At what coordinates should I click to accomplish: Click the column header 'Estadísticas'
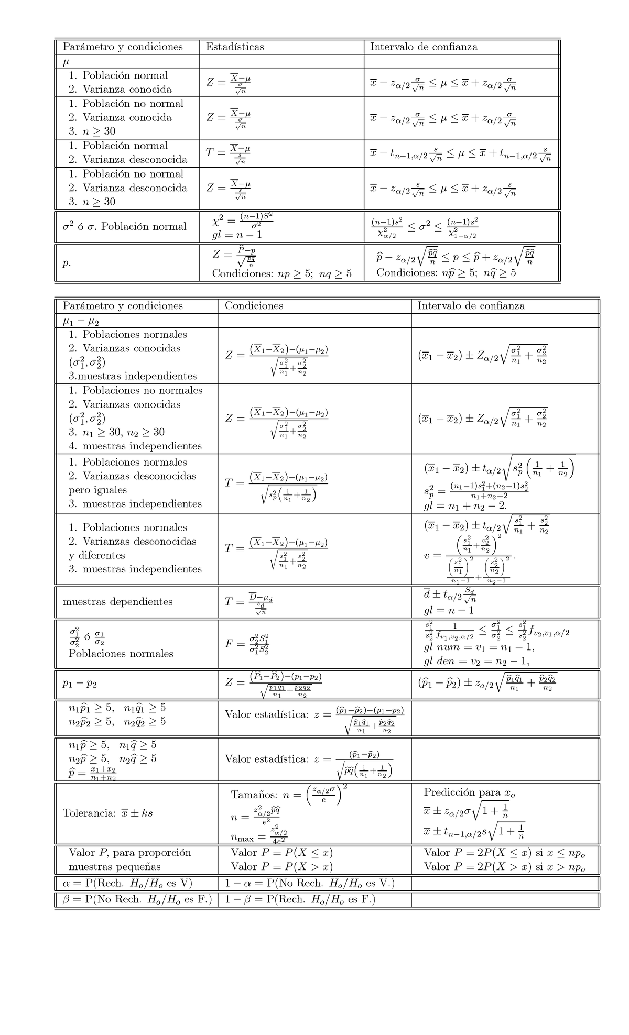click(x=235, y=47)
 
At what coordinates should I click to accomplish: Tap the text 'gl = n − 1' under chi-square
click(x=237, y=235)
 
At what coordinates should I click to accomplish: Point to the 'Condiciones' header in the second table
click(x=254, y=306)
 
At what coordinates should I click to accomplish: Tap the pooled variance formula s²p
click(x=476, y=491)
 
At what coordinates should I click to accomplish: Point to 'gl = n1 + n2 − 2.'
click(x=465, y=506)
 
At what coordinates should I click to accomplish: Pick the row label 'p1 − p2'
click(x=80, y=684)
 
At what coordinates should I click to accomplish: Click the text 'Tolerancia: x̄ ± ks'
click(x=108, y=813)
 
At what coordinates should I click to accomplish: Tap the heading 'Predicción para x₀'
click(x=470, y=792)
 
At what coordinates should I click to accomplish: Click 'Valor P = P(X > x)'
click(x=282, y=867)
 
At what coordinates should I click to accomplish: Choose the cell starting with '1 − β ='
click(x=300, y=900)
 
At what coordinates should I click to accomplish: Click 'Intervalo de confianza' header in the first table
click(x=424, y=47)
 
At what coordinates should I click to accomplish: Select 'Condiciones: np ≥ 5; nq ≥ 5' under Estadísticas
click(x=282, y=273)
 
